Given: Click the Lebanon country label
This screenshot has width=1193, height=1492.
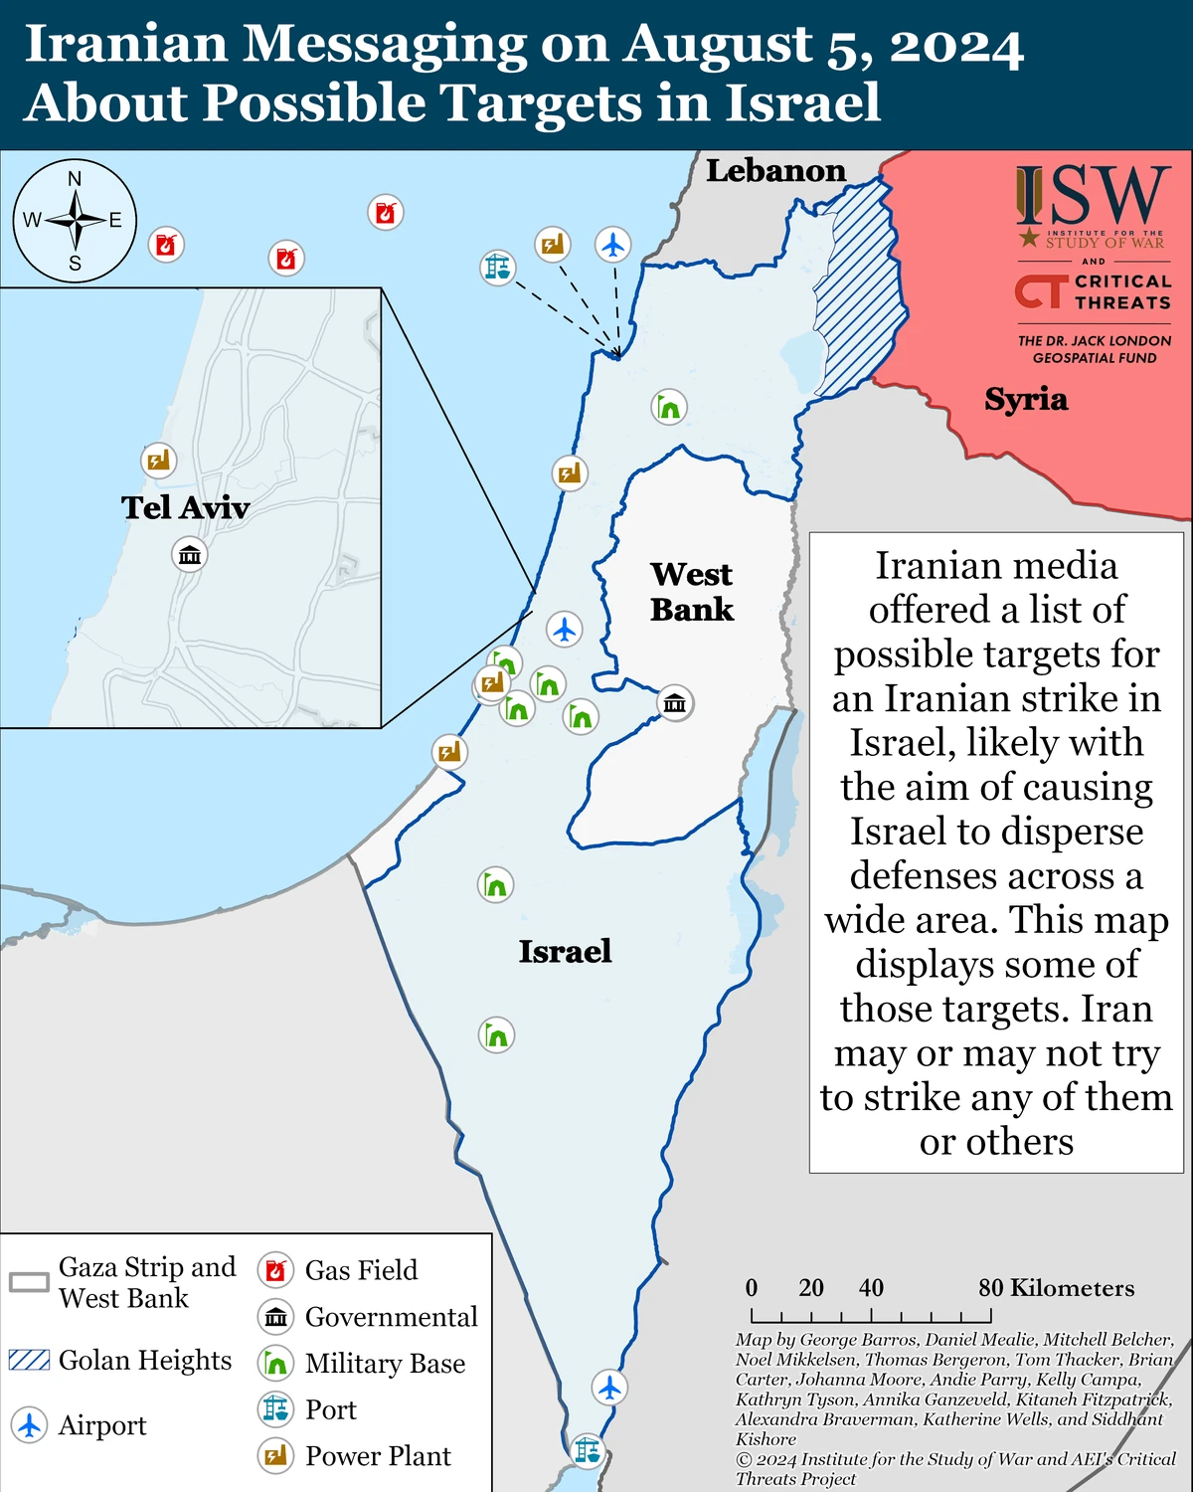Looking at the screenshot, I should tap(775, 171).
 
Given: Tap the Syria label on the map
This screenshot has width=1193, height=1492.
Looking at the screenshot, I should tap(1026, 399).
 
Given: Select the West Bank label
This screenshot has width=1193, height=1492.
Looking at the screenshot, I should tap(692, 591).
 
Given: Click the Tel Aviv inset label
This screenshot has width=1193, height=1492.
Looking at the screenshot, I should tap(185, 507).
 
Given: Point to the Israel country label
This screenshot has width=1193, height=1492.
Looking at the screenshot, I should tap(565, 951).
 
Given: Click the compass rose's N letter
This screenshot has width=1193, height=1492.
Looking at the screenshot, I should tap(75, 179).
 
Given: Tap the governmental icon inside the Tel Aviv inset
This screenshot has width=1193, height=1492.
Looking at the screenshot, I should tap(189, 554).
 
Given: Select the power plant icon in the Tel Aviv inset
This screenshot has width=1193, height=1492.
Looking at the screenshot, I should tap(158, 460).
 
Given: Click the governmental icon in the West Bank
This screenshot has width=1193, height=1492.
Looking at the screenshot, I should tap(675, 703).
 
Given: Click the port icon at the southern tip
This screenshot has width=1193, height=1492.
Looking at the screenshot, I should tap(588, 1449).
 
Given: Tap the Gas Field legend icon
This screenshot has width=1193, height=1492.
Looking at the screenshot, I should tap(275, 1270).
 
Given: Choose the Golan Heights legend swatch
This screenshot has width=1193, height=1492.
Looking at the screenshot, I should tap(29, 1360).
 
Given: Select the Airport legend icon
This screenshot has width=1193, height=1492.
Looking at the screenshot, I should tap(29, 1424).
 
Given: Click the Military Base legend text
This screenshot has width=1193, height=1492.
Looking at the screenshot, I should tap(385, 1363).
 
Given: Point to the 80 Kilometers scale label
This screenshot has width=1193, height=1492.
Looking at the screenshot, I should tap(1056, 1288).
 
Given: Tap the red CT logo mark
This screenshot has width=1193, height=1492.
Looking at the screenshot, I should tap(1039, 291).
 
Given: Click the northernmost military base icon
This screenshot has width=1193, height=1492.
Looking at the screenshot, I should tap(669, 407).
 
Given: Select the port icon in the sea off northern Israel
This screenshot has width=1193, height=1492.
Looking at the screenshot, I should tap(497, 267).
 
